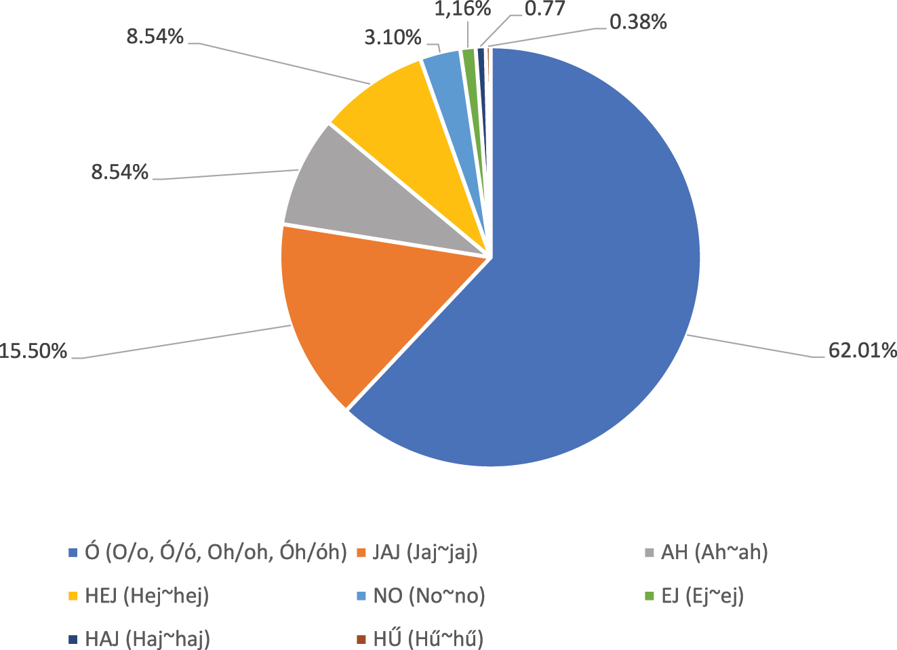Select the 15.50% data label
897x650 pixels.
click(x=34, y=351)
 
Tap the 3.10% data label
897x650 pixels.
click(x=393, y=37)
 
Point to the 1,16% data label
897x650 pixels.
click(x=463, y=9)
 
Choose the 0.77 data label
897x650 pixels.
click(x=546, y=9)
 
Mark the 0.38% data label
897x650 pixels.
click(x=638, y=22)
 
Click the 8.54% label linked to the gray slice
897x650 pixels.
click(x=120, y=173)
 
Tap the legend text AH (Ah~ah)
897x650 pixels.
click(x=713, y=553)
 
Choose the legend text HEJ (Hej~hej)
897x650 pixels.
click(x=146, y=596)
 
